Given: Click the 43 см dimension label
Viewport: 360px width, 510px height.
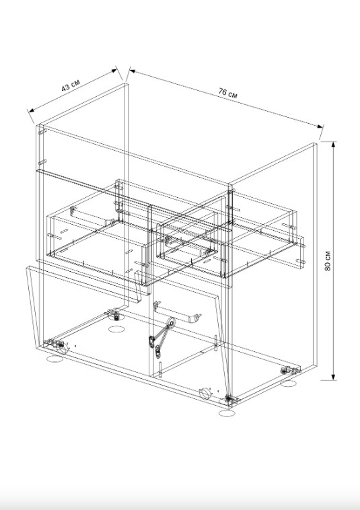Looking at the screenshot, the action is (x=71, y=85).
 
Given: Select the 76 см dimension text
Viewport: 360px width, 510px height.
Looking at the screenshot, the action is (x=227, y=93).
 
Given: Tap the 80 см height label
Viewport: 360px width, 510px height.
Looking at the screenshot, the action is (x=328, y=260).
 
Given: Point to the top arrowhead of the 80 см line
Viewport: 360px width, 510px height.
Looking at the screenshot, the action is (x=333, y=145).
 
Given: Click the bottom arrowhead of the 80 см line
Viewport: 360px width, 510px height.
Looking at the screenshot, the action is (x=333, y=376).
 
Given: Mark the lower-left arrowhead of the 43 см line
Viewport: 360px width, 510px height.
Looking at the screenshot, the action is (x=31, y=110).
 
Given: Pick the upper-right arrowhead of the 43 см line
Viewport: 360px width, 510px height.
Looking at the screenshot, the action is (x=114, y=70).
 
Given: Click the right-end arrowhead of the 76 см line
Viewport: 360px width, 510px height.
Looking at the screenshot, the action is (x=320, y=126).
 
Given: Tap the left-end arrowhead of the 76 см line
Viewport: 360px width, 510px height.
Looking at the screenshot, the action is (x=133, y=71).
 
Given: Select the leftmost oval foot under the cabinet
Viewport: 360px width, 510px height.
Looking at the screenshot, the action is (x=55, y=359).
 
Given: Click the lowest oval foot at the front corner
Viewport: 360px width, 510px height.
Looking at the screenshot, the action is (x=227, y=413).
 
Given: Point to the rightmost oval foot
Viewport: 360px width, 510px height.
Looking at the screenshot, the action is (x=288, y=384).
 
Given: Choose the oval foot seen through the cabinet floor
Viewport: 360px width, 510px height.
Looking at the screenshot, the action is (x=116, y=329).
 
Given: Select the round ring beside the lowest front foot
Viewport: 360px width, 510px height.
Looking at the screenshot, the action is (x=205, y=393).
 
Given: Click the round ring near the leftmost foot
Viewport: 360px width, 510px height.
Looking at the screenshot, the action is (x=63, y=348).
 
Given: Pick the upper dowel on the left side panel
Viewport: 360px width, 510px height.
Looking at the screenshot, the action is (x=42, y=132).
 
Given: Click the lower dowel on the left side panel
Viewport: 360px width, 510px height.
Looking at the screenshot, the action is (x=42, y=162).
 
